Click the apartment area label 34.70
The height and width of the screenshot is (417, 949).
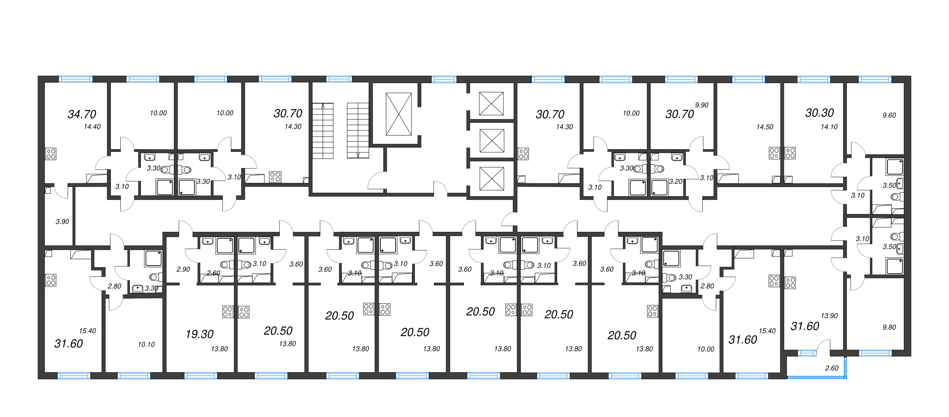(82, 114)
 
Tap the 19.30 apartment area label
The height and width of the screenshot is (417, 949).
(199, 334)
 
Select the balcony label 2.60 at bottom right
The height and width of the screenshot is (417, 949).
(831, 368)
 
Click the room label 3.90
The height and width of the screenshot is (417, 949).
(62, 222)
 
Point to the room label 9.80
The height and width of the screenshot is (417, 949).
(889, 327)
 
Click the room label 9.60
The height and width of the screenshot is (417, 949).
(889, 115)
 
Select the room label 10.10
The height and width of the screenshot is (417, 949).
(146, 345)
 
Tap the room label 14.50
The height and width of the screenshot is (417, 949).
(765, 127)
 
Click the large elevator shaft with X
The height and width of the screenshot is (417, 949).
(399, 114)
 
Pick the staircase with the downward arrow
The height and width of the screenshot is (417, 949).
(358, 131)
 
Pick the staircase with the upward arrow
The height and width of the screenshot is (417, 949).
(323, 131)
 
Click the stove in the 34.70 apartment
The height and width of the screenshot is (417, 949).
(51, 154)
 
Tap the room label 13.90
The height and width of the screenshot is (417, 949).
(829, 316)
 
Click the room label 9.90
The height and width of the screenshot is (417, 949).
(702, 105)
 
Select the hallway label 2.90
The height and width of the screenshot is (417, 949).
(183, 269)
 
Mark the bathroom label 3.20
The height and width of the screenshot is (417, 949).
(676, 182)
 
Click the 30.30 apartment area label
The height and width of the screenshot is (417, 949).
(820, 113)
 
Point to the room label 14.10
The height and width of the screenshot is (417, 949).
(829, 127)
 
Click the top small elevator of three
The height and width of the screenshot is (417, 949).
(491, 104)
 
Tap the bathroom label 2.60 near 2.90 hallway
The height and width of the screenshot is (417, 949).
(213, 273)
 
